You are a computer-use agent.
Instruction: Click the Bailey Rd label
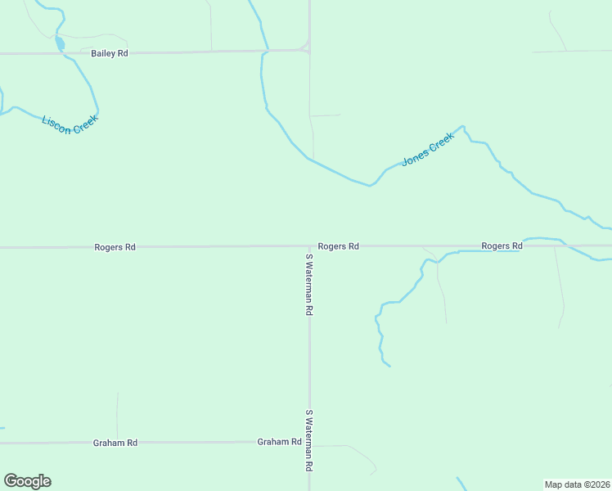point(110,53)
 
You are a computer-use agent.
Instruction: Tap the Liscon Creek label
point(70,124)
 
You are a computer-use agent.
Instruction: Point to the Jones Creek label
point(427,151)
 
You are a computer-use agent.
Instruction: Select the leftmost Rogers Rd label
point(115,246)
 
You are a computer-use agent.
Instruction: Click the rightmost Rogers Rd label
point(502,245)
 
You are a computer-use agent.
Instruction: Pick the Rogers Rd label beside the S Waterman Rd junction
point(338,245)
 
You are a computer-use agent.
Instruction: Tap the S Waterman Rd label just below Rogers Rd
point(309,285)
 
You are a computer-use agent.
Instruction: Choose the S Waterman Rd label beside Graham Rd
point(309,440)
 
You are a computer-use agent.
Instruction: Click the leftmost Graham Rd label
point(115,443)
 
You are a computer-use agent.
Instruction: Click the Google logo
point(27,481)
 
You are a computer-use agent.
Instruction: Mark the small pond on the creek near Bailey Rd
point(60,43)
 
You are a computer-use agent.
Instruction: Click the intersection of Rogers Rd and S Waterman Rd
point(309,245)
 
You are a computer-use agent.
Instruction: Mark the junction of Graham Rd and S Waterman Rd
point(309,442)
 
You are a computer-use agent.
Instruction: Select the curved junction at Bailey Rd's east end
point(306,47)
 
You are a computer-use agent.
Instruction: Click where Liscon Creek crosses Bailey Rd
point(62,53)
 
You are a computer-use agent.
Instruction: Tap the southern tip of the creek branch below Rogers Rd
point(389,366)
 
